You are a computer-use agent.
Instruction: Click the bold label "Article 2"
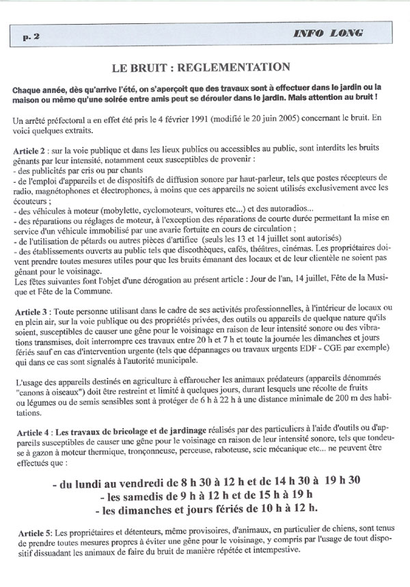[x=31, y=150]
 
